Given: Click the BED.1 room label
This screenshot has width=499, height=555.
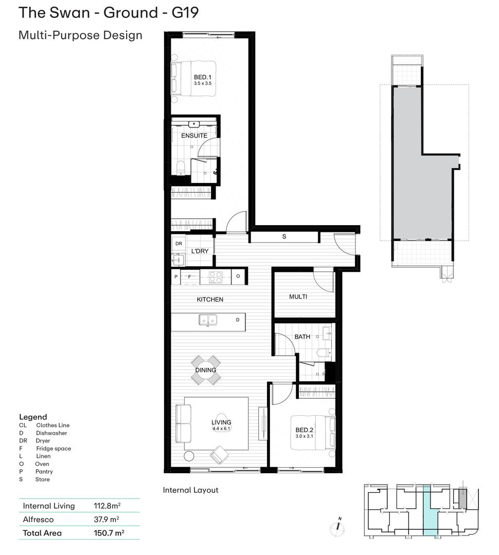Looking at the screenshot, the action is [202, 77].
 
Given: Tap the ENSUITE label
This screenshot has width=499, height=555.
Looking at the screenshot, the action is [194, 136].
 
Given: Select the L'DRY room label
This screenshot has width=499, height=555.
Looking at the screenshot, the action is [200, 251].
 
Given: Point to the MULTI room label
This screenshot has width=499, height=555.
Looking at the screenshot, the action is [298, 297].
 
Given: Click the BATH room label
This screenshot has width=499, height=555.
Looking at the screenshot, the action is [302, 337].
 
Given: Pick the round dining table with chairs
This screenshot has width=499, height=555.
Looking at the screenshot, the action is [206, 370].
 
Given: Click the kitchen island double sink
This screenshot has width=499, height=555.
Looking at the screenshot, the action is [208, 320].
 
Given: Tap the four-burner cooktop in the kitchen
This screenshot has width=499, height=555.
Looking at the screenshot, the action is [216, 277].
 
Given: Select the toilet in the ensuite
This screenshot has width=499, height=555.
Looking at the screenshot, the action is [181, 168].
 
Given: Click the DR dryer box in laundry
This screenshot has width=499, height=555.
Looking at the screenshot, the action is [179, 244].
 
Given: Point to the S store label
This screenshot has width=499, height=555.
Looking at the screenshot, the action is [284, 236].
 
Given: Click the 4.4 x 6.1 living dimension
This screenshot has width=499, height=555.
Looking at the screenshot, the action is [222, 429].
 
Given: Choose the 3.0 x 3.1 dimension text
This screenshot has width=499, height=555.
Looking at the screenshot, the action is [305, 436].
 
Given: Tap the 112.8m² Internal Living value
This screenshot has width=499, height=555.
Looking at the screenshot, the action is [107, 506].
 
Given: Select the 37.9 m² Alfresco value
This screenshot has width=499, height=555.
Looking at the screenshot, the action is [106, 519].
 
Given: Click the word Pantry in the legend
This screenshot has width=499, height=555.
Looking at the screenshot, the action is [44, 471].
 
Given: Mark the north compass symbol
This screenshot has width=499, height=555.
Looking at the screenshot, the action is [338, 527].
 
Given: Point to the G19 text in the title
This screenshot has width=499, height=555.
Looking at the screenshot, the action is [185, 13].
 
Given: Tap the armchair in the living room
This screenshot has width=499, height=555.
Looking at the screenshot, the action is [219, 455].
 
